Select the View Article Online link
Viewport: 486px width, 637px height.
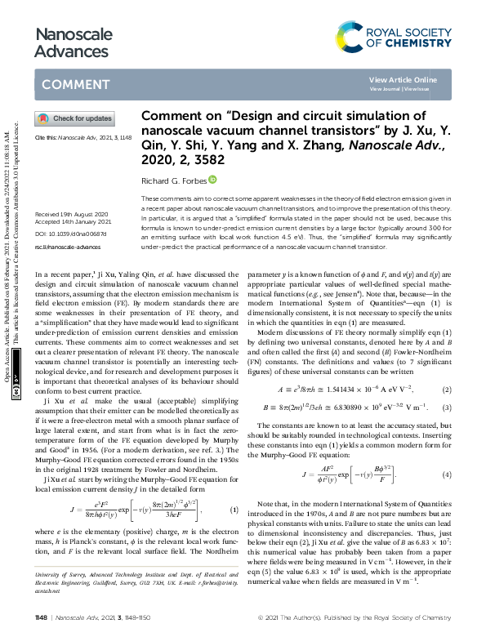[x=403, y=79]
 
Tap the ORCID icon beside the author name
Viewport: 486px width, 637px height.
[x=212, y=179]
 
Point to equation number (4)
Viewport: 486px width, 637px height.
[x=446, y=474]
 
